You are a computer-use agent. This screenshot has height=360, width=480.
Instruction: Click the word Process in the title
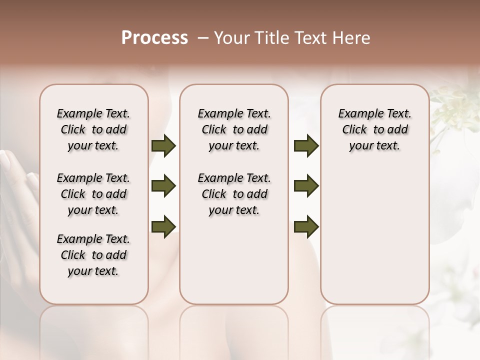tap(154, 38)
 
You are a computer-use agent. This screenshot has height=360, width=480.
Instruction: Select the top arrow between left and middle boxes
tap(163, 146)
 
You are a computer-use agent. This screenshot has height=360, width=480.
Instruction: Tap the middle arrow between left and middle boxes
tap(163, 186)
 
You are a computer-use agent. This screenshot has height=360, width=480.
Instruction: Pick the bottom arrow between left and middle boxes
tap(163, 226)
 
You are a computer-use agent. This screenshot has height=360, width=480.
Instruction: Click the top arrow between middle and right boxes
tap(306, 146)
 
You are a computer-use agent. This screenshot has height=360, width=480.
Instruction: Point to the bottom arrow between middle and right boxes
tap(306, 226)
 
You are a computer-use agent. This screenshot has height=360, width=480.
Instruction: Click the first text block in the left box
tap(93, 129)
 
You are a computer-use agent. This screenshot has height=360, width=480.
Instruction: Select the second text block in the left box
tap(93, 194)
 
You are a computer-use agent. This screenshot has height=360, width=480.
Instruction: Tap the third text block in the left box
tap(93, 255)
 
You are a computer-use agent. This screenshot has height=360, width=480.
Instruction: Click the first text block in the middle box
tap(234, 129)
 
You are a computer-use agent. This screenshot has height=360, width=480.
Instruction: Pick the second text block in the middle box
tap(234, 194)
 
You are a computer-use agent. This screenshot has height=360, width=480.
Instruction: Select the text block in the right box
tap(374, 129)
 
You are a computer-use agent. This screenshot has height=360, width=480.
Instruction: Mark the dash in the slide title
tap(202, 38)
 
